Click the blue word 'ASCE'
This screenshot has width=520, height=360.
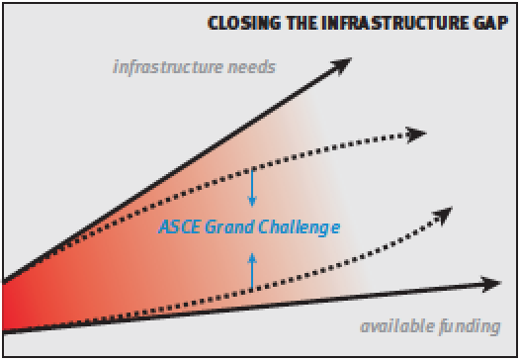click(x=178, y=227)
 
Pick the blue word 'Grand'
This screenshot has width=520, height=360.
click(x=232, y=227)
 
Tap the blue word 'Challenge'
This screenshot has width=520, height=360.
click(x=301, y=227)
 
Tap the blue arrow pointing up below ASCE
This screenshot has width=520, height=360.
click(x=252, y=267)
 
